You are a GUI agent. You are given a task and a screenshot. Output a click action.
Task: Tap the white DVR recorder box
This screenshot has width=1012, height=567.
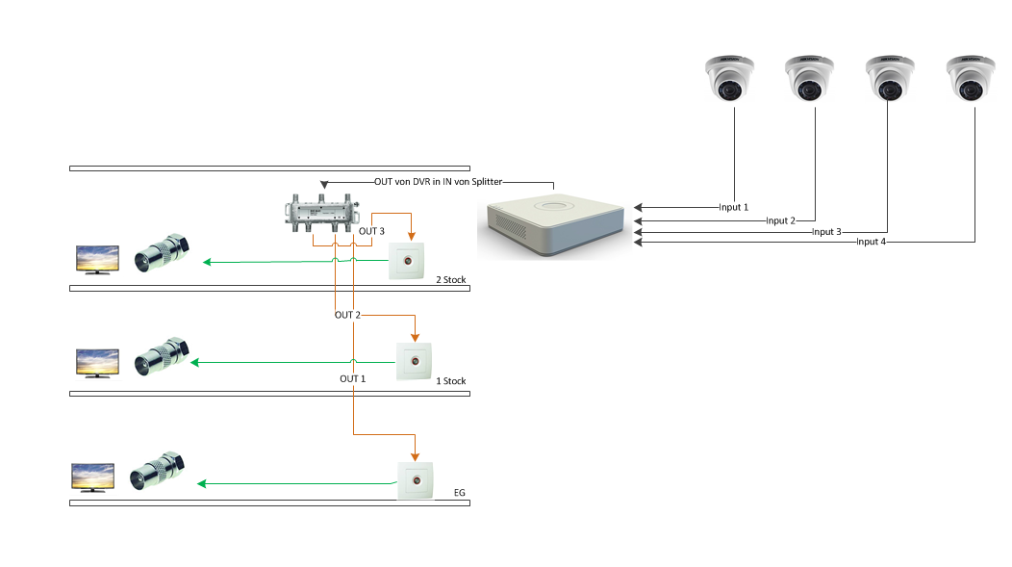(556, 224)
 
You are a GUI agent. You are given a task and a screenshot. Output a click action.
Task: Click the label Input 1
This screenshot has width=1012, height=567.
(733, 207)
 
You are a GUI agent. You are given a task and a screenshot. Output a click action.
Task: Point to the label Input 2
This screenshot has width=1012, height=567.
(780, 220)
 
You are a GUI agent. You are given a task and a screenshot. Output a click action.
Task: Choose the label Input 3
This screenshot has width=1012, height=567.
(826, 232)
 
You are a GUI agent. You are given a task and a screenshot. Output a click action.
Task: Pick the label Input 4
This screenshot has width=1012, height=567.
(871, 243)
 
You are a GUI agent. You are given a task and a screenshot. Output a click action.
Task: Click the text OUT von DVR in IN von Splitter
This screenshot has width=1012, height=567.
(439, 182)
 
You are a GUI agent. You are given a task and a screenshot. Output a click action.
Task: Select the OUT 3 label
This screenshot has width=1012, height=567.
(371, 232)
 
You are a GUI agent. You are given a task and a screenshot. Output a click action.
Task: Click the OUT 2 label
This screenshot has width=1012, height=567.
(347, 316)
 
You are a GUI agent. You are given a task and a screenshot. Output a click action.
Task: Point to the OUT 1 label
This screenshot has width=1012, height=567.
(353, 379)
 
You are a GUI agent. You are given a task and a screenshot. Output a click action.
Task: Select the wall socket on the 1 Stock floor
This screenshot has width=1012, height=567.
(415, 363)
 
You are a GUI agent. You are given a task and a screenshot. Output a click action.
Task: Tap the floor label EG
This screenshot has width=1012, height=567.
(459, 494)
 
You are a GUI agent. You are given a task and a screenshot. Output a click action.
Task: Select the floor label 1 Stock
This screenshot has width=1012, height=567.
(450, 382)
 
